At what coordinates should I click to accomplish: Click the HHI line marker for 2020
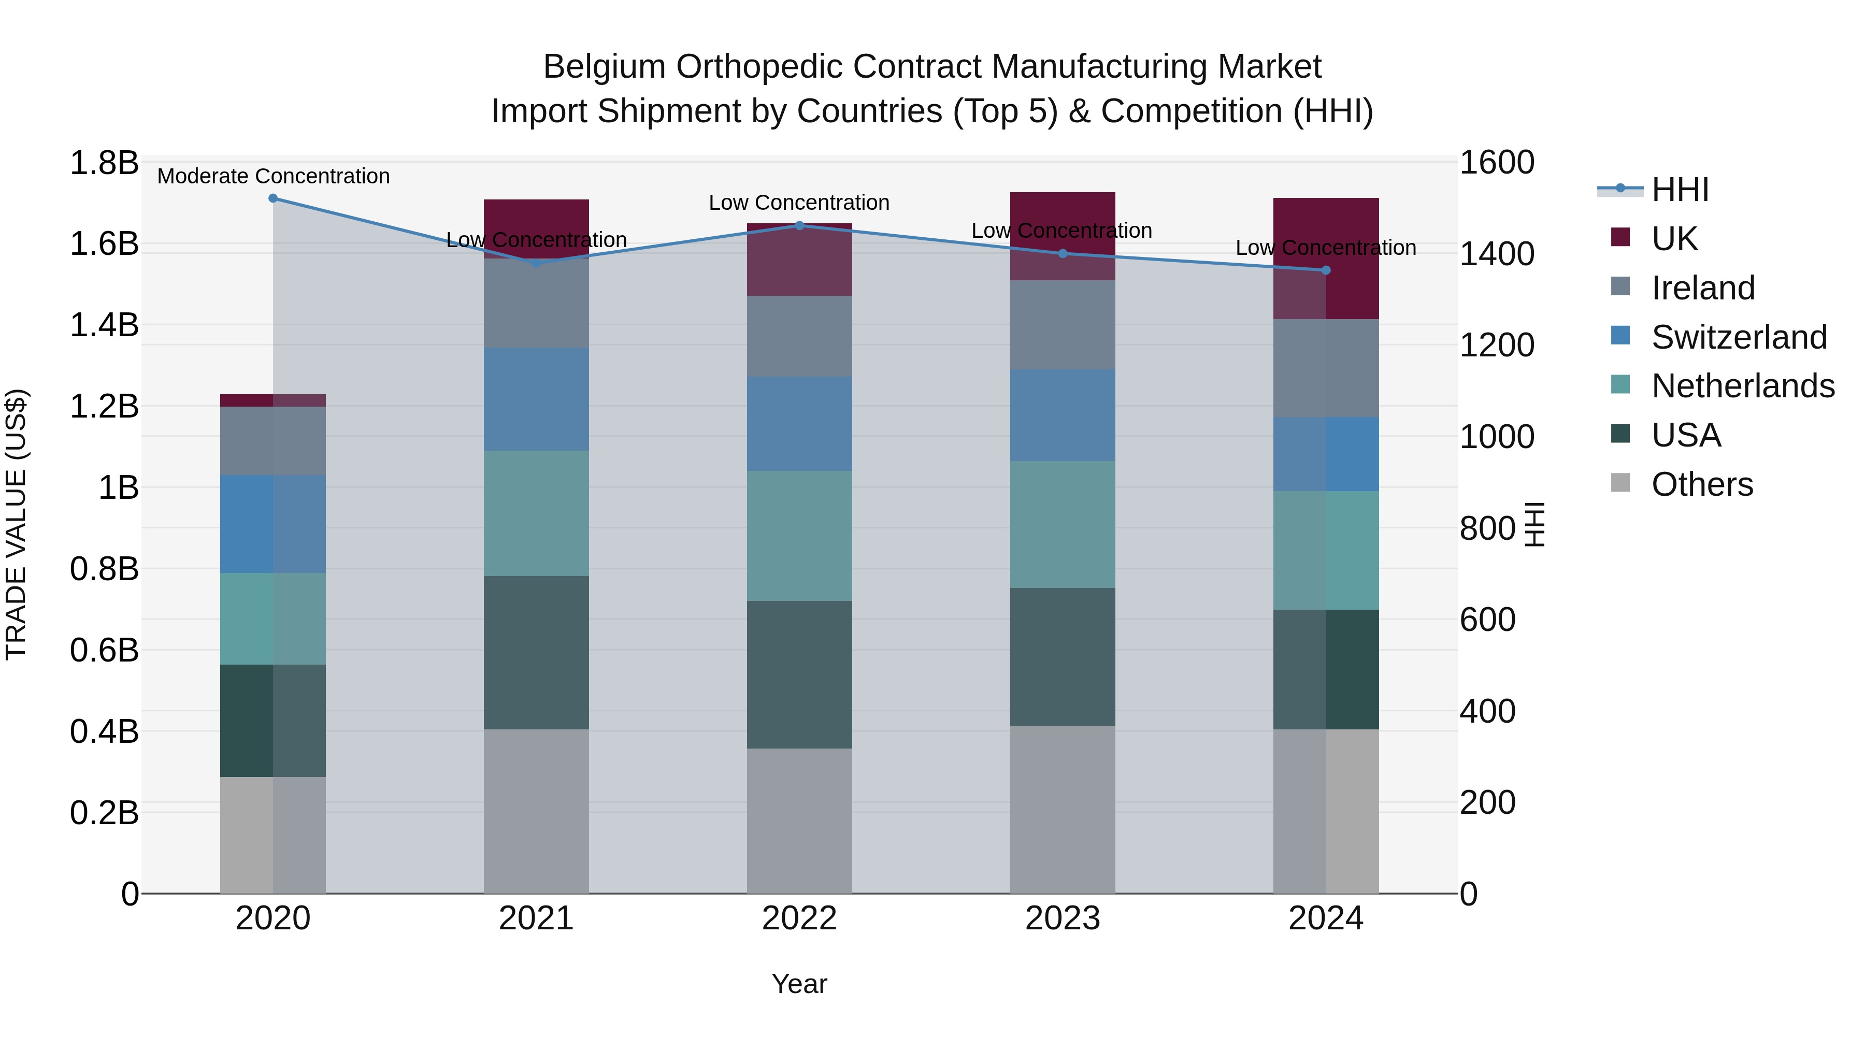coord(273,198)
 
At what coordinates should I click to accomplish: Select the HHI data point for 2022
coord(799,226)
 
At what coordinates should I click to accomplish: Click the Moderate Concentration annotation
coord(273,177)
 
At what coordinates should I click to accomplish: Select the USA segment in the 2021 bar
coord(536,652)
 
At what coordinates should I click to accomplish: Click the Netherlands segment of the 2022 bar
coord(799,536)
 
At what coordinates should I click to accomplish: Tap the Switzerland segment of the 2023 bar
coord(1062,415)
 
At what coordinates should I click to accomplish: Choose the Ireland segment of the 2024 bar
coord(1326,368)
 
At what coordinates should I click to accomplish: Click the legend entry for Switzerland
coord(1739,337)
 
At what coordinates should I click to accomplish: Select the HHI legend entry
coord(1680,190)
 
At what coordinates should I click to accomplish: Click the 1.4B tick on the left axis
coord(104,325)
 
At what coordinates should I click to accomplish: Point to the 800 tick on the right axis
coord(1487,528)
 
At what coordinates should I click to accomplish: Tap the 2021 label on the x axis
coord(536,918)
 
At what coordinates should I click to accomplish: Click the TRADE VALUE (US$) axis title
coord(17,524)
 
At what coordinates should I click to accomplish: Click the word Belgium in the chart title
coord(605,67)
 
